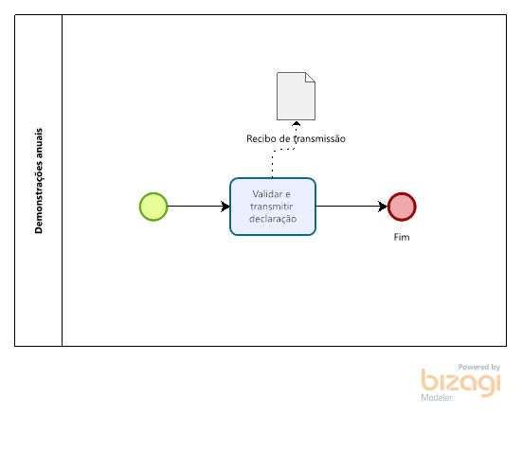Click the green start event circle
tap(153, 207)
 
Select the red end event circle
tap(402, 207)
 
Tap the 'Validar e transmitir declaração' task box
tap(273, 207)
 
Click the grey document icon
tap(296, 97)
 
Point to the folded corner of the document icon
tap(311, 77)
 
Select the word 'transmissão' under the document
tap(319, 138)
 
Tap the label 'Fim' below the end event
tap(402, 237)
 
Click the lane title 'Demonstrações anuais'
tap(39, 181)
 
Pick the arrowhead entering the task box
tap(225, 207)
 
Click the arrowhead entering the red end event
tap(383, 207)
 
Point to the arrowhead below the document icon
tap(296, 123)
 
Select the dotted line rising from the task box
tap(282, 150)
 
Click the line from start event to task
tap(198, 207)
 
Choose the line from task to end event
tap(351, 207)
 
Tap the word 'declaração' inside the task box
tap(273, 219)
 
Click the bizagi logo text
tap(461, 383)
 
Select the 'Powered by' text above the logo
tap(479, 367)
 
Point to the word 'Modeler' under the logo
tap(437, 397)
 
